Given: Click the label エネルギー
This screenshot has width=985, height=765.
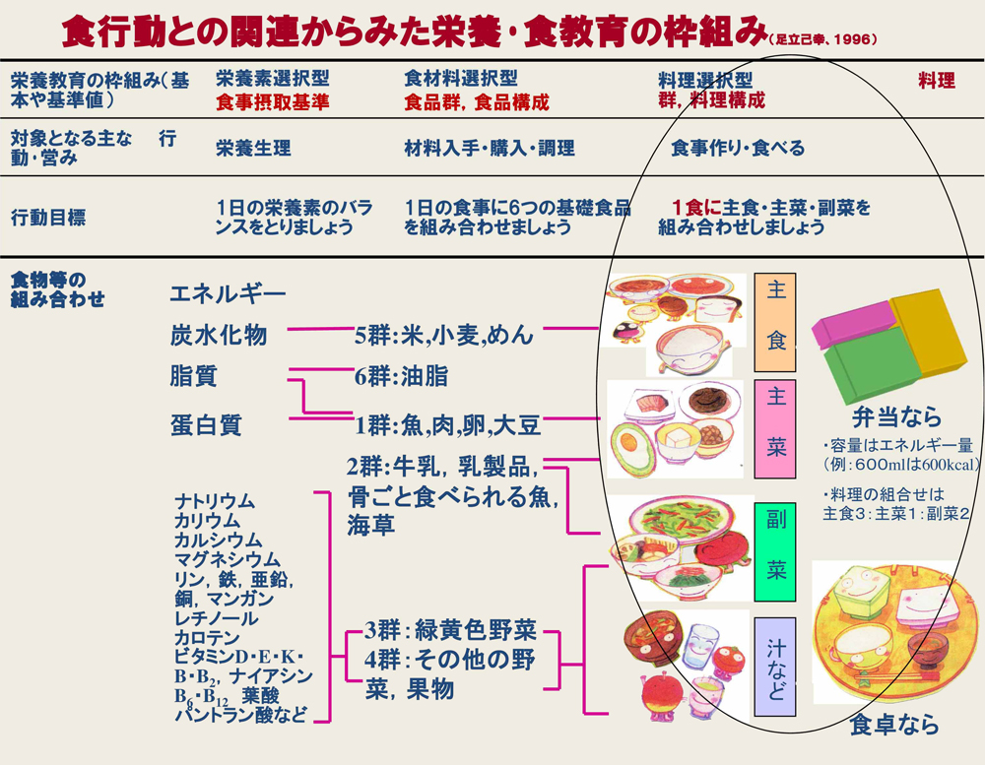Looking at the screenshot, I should [228, 293].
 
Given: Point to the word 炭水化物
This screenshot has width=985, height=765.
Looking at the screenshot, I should [218, 335].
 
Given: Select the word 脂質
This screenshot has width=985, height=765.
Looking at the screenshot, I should [193, 376].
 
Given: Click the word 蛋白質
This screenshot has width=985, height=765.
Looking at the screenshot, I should [205, 425].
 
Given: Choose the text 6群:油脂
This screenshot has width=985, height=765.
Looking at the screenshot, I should [402, 376].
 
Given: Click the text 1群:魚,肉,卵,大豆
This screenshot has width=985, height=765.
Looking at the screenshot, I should [448, 425].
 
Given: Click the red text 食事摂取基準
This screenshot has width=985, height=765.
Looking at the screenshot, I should [273, 101].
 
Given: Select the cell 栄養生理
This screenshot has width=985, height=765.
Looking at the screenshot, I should [253, 149].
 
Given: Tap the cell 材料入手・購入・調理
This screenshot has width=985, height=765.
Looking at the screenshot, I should [490, 149].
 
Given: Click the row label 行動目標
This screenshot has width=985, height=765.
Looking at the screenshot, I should [47, 217].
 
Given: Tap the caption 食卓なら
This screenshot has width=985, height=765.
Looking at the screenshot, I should [893, 726].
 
